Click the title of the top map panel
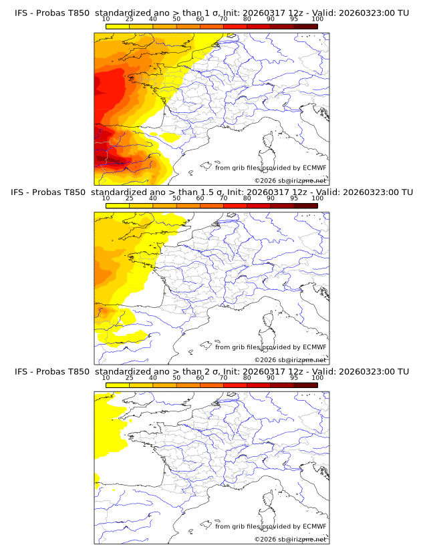click(211, 13)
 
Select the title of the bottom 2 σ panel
click(211, 371)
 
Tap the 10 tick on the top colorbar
click(106, 19)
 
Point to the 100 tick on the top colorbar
click(317, 19)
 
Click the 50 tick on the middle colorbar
click(176, 198)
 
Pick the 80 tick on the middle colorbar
click(247, 198)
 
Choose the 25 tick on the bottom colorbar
click(130, 378)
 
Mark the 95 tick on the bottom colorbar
click(294, 378)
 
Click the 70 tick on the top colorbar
click(224, 19)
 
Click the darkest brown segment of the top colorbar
click(305, 26)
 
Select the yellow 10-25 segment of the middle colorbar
click(118, 206)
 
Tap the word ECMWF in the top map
click(314, 168)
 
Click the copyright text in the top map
click(290, 180)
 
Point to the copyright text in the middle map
click(290, 359)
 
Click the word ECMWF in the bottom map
click(314, 526)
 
